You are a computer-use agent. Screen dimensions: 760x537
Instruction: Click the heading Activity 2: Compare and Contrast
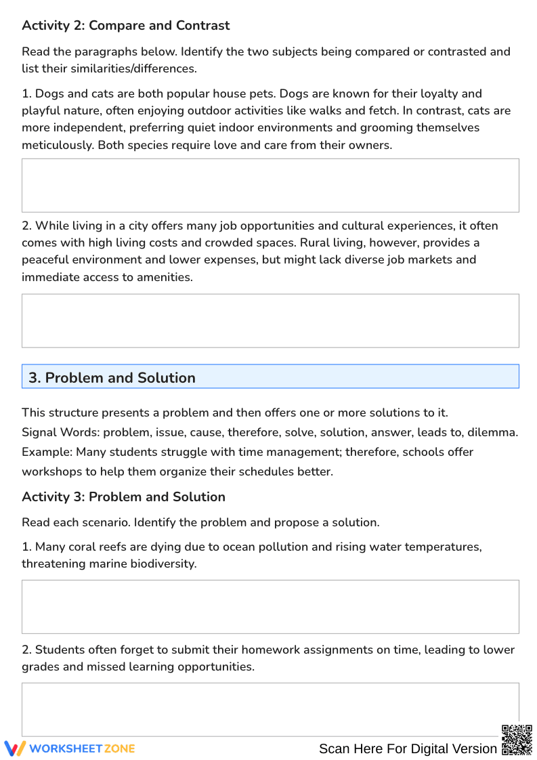125,26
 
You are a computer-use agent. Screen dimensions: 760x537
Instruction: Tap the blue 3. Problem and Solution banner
270,377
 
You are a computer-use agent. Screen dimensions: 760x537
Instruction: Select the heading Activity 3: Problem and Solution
123,497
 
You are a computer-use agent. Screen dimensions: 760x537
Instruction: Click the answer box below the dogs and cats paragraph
270,186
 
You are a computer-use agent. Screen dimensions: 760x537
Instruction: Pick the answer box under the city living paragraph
270,320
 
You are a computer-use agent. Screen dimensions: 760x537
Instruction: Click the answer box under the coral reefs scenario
270,606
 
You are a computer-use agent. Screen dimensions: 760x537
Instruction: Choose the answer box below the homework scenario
270,709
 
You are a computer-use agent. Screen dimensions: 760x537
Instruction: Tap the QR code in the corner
516,740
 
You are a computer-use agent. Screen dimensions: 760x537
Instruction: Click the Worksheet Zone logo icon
15,748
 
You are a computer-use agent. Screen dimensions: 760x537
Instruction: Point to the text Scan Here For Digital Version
408,748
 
